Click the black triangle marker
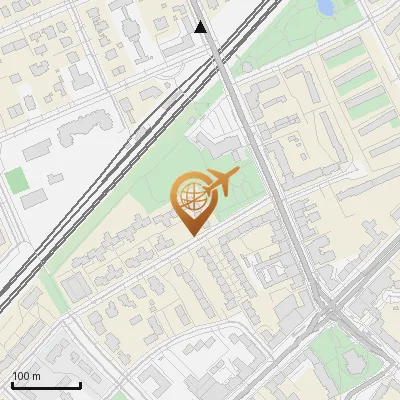[201, 27]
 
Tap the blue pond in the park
[326, 6]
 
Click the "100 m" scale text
[26, 376]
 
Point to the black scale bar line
[46, 385]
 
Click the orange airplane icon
[220, 183]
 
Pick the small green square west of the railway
[16, 181]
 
